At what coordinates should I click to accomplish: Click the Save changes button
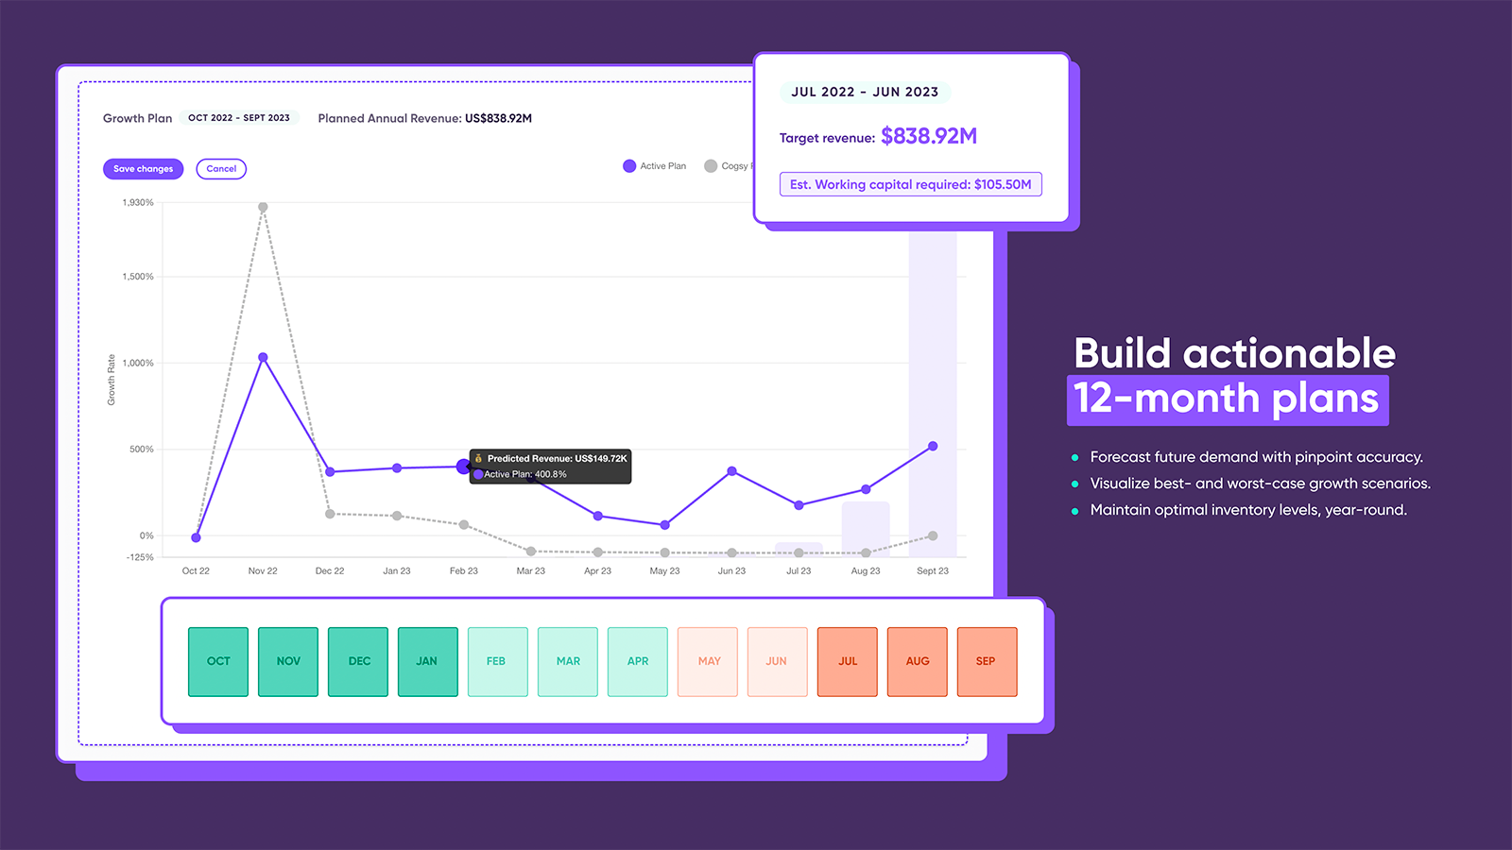[143, 169]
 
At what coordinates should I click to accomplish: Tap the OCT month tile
[218, 661]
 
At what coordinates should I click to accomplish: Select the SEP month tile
[987, 661]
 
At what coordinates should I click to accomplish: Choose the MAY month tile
[708, 661]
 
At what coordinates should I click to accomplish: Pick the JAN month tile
[427, 661]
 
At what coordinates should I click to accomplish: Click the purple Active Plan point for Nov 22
[263, 358]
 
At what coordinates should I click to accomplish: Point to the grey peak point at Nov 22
[263, 207]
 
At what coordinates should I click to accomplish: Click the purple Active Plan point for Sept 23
[933, 446]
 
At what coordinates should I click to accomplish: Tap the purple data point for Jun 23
[731, 470]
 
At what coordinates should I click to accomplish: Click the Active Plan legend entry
[655, 166]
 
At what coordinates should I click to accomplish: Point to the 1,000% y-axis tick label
[138, 363]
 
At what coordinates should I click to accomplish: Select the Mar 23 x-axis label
[530, 570]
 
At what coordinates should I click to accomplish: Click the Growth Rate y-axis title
[111, 380]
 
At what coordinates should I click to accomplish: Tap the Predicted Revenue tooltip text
[556, 458]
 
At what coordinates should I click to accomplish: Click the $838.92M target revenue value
[928, 136]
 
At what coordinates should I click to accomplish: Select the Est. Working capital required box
[910, 184]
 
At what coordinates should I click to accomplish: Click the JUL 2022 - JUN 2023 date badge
[864, 92]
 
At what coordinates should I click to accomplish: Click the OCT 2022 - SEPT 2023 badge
[238, 118]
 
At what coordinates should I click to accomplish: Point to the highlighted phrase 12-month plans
[1227, 399]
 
